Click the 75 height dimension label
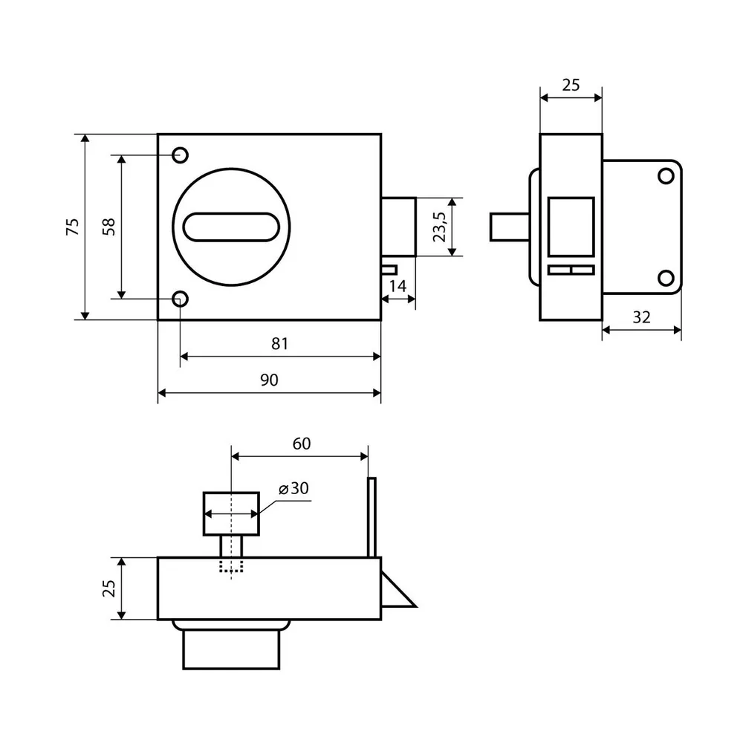(73, 227)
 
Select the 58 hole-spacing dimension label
(109, 227)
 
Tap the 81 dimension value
(279, 343)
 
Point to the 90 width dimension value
(269, 380)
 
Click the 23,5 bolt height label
(440, 227)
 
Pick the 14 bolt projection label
(398, 286)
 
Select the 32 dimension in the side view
(642, 317)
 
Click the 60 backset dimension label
(302, 444)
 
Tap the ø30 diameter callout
(293, 488)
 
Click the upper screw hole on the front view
(180, 155)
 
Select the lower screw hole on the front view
(180, 299)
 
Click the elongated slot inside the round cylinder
(231, 227)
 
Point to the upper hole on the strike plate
(666, 176)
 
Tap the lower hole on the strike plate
(666, 278)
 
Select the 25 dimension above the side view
(571, 85)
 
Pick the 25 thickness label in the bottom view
(109, 588)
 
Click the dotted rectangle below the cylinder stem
(231, 565)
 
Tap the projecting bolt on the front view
(399, 227)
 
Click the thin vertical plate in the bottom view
(372, 517)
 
